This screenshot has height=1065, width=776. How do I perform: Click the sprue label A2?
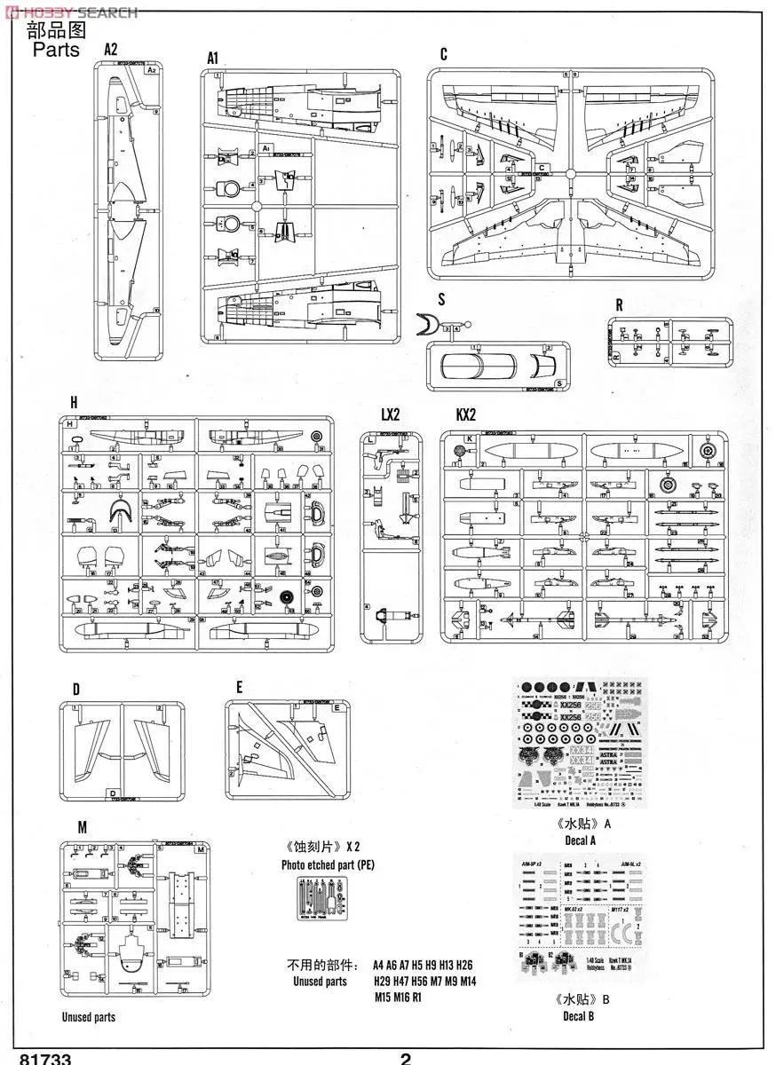coord(110,50)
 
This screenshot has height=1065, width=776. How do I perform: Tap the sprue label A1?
coord(212,58)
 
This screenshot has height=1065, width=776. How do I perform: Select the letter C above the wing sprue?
coord(443,55)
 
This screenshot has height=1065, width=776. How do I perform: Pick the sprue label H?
coord(75,401)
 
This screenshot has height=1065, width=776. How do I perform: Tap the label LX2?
coord(390,414)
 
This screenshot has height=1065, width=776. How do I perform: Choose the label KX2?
coord(466,414)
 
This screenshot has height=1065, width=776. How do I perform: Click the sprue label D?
coord(76,689)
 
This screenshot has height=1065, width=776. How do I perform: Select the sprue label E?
coord(239,687)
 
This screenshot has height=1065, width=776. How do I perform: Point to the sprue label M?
coord(82,827)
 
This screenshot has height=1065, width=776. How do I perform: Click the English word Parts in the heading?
coord(56,49)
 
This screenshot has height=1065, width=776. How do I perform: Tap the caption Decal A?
coord(580,840)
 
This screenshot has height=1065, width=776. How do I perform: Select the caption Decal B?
coord(579,1015)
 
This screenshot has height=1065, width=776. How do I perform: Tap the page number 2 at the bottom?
coord(406,1058)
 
